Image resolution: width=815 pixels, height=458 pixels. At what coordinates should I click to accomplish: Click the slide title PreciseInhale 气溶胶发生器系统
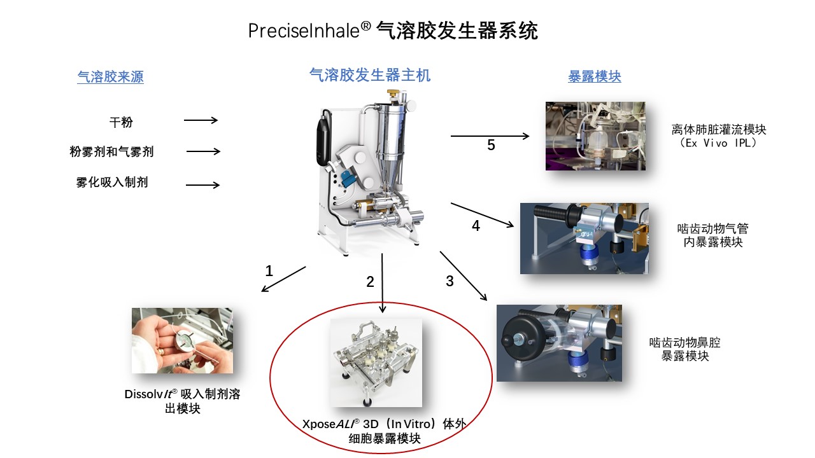pyautogui.click(x=393, y=31)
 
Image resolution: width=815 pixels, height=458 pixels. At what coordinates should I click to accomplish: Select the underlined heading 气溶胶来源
pyautogui.click(x=110, y=77)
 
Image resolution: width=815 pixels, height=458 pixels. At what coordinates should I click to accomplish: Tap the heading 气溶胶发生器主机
pyautogui.click(x=369, y=75)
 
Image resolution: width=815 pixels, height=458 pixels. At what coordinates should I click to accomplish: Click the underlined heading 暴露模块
pyautogui.click(x=594, y=76)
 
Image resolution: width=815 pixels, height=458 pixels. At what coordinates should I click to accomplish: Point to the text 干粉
pyautogui.click(x=121, y=121)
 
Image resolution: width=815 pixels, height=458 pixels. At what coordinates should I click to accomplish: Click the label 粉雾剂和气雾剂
pyautogui.click(x=111, y=151)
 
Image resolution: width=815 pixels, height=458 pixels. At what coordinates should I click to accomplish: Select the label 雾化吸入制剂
pyautogui.click(x=112, y=183)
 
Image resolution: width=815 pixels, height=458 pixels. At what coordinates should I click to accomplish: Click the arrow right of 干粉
pyautogui.click(x=201, y=120)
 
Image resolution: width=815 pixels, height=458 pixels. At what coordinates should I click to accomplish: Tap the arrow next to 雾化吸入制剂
pyautogui.click(x=202, y=185)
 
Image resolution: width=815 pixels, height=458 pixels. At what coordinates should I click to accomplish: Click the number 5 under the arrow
pyautogui.click(x=491, y=146)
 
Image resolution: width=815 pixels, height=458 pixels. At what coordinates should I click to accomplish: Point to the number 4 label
pyautogui.click(x=476, y=226)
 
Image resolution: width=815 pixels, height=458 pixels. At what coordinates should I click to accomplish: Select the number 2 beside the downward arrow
pyautogui.click(x=370, y=282)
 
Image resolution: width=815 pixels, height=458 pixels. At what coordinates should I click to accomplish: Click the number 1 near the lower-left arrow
pyautogui.click(x=269, y=272)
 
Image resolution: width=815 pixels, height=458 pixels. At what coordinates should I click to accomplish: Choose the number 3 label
pyautogui.click(x=450, y=281)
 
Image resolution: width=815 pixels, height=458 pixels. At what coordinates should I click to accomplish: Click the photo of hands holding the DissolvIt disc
pyautogui.click(x=182, y=340)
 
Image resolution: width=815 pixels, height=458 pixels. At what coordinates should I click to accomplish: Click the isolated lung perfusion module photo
pyautogui.click(x=595, y=136)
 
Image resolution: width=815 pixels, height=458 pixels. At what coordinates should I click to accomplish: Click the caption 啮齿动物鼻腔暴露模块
pyautogui.click(x=684, y=349)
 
